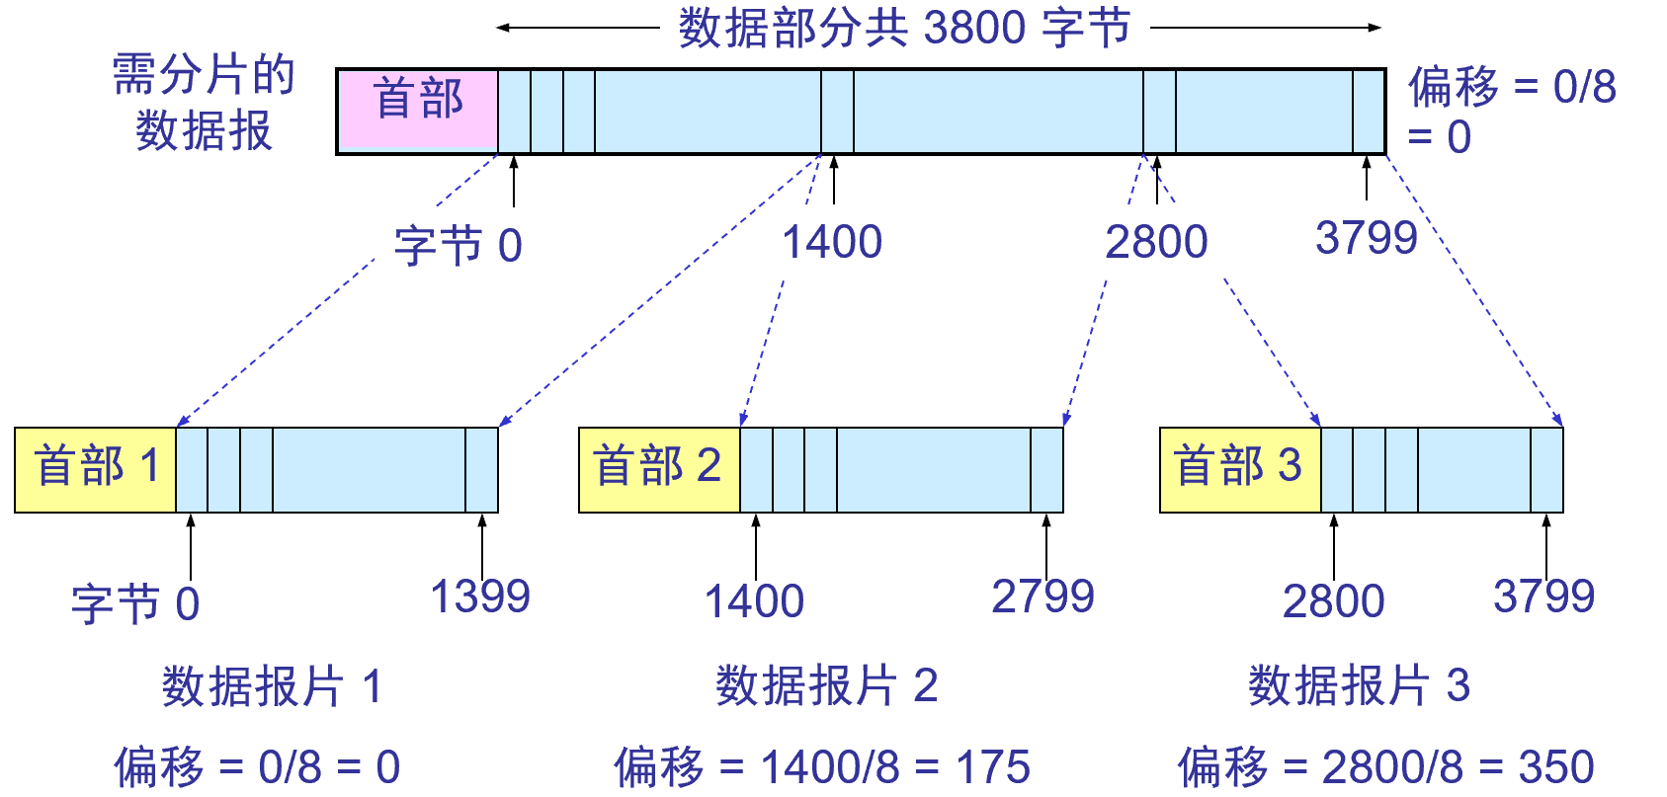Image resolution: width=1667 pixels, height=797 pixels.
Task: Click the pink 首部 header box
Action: [x=417, y=110]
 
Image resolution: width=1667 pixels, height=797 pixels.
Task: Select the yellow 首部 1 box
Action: [x=96, y=469]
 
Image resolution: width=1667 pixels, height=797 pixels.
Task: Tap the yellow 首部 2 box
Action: [x=659, y=469]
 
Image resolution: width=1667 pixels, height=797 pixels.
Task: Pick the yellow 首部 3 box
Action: [x=1239, y=469]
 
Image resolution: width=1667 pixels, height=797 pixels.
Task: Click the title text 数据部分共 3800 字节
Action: [x=904, y=28]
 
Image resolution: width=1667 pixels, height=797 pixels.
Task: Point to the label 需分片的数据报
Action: [x=204, y=103]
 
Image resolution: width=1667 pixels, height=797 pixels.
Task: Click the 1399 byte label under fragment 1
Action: [x=480, y=597]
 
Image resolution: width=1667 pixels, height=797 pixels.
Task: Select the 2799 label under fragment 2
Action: [x=1042, y=597]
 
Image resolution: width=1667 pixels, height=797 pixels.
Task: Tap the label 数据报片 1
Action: [x=272, y=686]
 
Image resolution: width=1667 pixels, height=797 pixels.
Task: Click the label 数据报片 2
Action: [x=827, y=686]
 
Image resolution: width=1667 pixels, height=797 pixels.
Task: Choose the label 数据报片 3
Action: [x=1359, y=686]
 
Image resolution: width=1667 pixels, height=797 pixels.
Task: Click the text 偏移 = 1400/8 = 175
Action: [x=822, y=767]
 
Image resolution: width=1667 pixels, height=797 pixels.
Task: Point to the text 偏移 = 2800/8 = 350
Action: [x=1385, y=767]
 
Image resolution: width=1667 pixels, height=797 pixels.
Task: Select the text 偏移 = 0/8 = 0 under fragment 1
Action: [x=257, y=767]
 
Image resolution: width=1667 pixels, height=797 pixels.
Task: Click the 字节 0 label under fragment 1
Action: [x=135, y=603]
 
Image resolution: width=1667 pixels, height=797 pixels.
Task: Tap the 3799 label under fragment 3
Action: [x=1543, y=597]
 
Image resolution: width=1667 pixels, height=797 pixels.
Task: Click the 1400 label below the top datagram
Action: [x=832, y=242]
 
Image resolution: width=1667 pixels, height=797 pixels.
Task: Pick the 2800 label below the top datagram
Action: [x=1156, y=242]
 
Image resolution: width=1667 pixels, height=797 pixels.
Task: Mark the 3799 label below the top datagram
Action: [x=1366, y=238]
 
